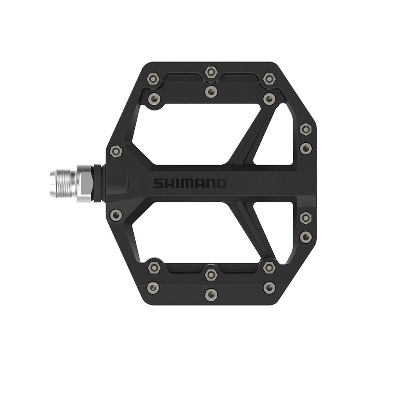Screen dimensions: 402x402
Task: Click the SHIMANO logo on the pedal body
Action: (x=190, y=184)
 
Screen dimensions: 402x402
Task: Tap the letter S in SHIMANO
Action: (x=158, y=184)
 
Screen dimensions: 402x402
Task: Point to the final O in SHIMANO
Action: (x=221, y=184)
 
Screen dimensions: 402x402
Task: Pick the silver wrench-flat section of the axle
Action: (x=85, y=184)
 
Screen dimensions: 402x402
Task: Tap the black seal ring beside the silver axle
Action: (x=96, y=184)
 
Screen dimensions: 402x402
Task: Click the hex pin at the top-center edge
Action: (x=211, y=72)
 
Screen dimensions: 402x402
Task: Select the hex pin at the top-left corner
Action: (x=153, y=79)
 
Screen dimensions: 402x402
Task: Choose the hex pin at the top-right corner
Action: (x=269, y=79)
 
